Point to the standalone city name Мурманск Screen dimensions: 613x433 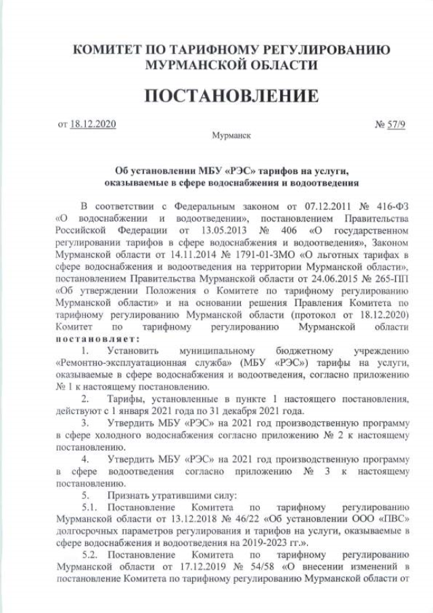coord(231,135)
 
